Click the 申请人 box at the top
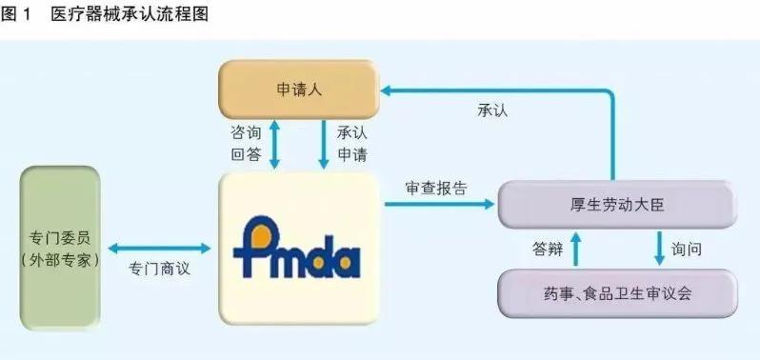[x=298, y=90]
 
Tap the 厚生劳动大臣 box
[x=617, y=203]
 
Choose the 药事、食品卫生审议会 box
[x=617, y=292]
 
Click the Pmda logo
[x=296, y=249]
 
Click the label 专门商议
[x=159, y=269]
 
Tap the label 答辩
[x=549, y=249]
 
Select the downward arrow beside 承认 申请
[x=321, y=145]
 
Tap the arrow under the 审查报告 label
[x=442, y=203]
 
